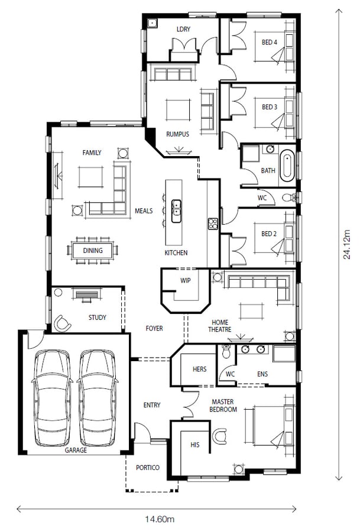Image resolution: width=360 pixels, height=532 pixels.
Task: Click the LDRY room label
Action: pyautogui.click(x=183, y=29)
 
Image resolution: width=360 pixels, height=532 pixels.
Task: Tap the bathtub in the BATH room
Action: pyautogui.click(x=287, y=166)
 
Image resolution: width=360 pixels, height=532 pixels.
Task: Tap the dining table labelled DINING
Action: pyautogui.click(x=93, y=250)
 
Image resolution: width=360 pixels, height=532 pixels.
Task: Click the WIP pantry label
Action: pyautogui.click(x=186, y=281)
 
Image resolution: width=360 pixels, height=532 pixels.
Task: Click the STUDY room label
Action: pyautogui.click(x=98, y=317)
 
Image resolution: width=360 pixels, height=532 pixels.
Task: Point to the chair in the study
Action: pyautogui.click(x=63, y=322)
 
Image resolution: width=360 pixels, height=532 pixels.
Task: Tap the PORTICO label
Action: pyautogui.click(x=147, y=468)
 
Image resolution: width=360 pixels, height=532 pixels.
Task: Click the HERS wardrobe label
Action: pyautogui.click(x=200, y=369)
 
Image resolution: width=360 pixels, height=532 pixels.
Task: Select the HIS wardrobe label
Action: pyautogui.click(x=194, y=444)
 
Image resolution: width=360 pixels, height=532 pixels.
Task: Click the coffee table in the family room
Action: pyautogui.click(x=92, y=176)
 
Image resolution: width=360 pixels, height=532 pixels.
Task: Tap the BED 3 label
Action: pyautogui.click(x=269, y=107)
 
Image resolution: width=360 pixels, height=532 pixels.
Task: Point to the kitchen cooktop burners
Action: pyautogui.click(x=213, y=223)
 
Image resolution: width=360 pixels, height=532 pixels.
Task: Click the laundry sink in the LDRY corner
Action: pyautogui.click(x=152, y=24)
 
